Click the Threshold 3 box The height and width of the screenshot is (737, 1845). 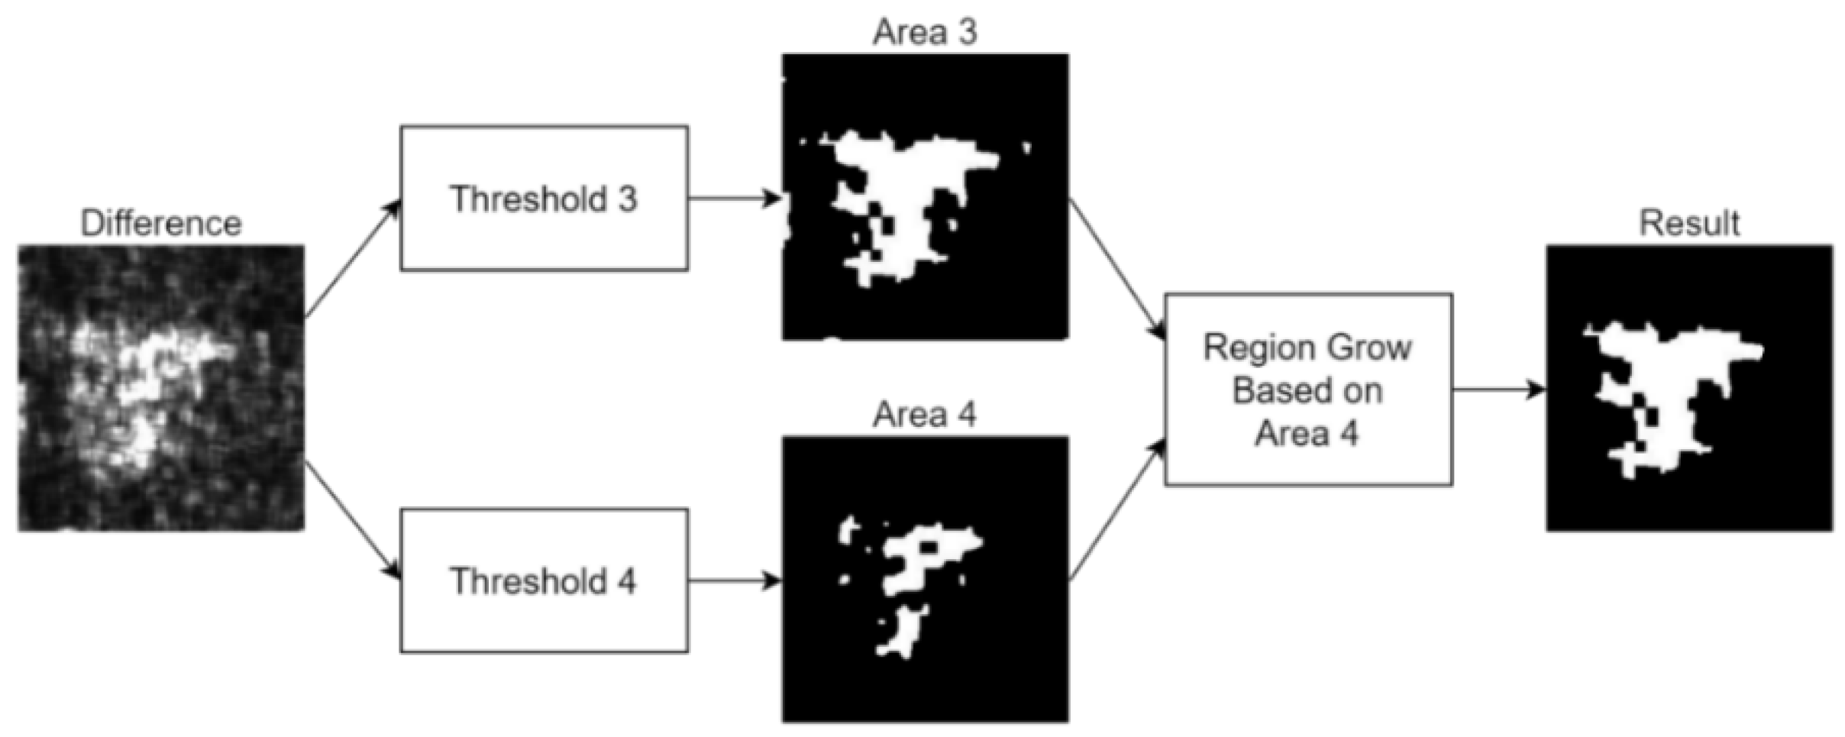[544, 199]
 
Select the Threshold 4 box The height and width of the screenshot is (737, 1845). [544, 580]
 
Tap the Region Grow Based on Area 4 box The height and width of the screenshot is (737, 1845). [1307, 390]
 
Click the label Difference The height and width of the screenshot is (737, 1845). [161, 224]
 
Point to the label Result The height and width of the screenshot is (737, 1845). [1689, 224]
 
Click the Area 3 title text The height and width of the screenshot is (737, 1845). [925, 32]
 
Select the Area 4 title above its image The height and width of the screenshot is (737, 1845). [925, 415]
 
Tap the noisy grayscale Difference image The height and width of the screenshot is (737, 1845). [161, 388]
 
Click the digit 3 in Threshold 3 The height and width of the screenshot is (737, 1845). [628, 199]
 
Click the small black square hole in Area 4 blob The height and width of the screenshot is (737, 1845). [928, 548]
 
